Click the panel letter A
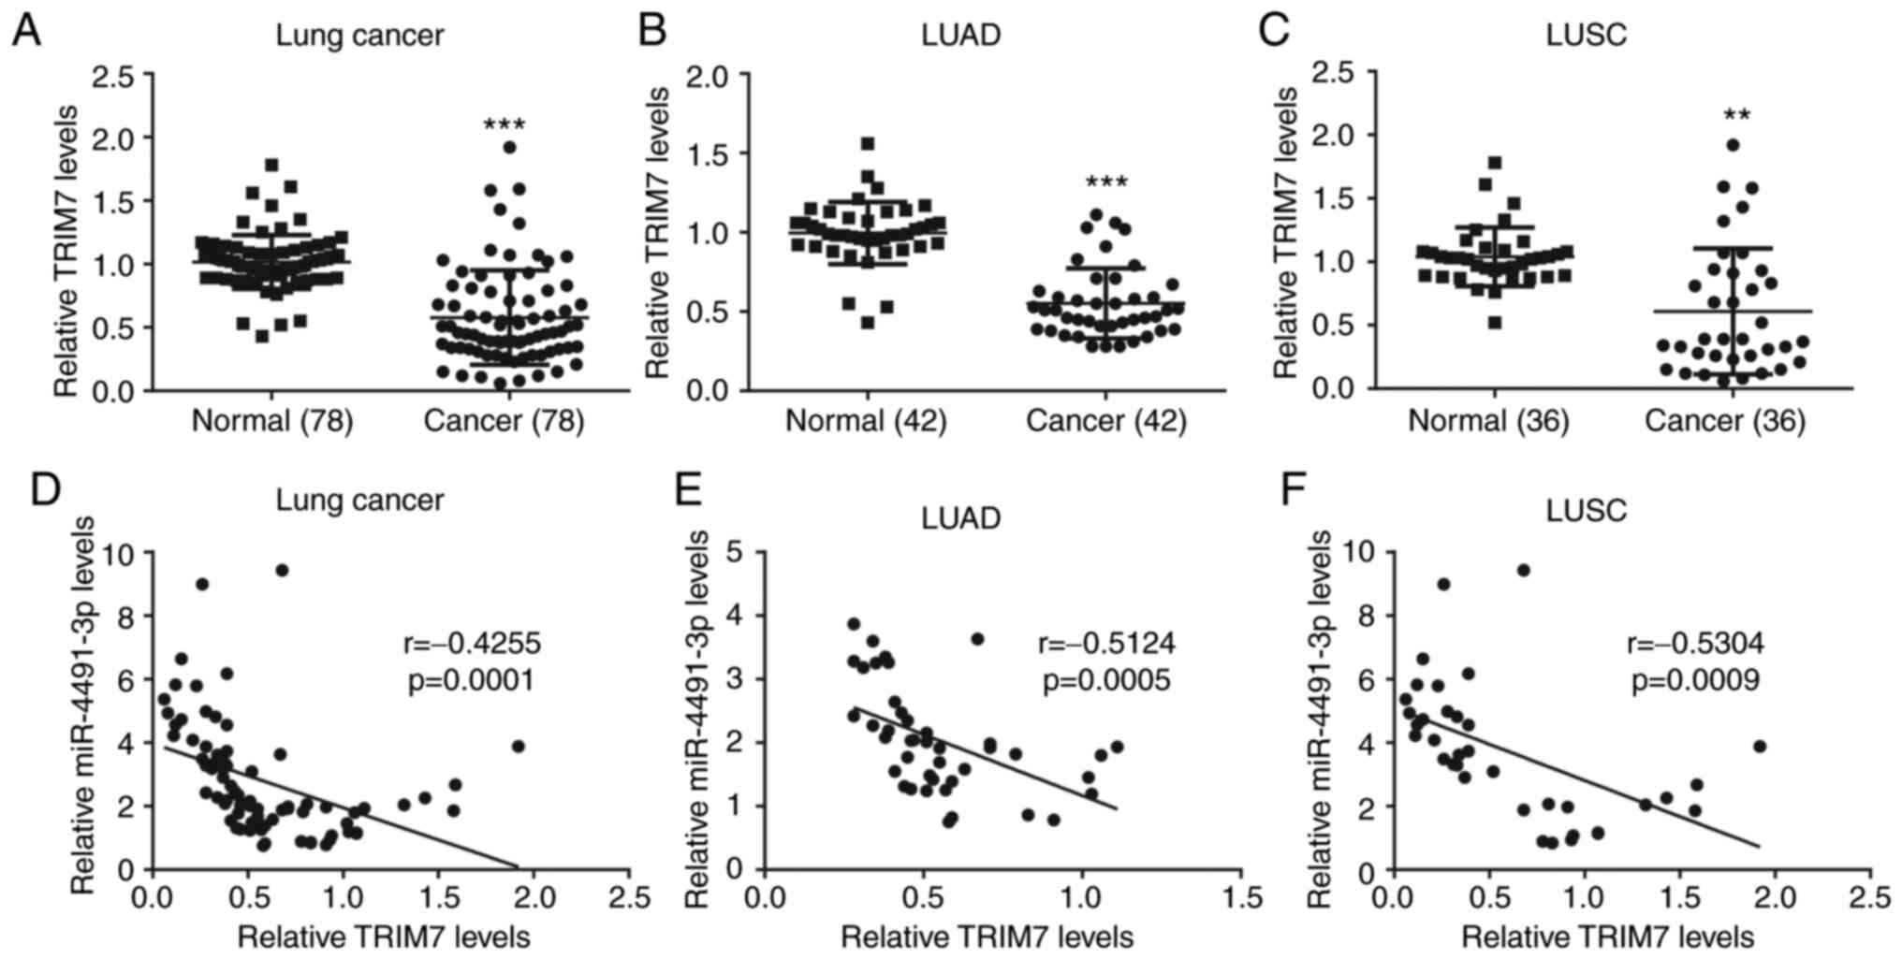click(26, 32)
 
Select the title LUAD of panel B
click(960, 36)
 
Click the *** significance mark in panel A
click(505, 125)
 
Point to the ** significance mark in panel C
click(1736, 116)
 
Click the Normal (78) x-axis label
click(271, 421)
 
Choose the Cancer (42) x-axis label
click(1105, 421)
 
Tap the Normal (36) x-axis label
click(1488, 421)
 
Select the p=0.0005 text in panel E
click(1106, 680)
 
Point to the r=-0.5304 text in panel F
click(1695, 644)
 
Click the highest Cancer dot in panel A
click(509, 147)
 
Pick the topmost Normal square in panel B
click(868, 144)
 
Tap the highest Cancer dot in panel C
click(1733, 145)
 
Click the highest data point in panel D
click(282, 570)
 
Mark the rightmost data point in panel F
click(1759, 746)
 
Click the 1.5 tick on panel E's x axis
click(1242, 898)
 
